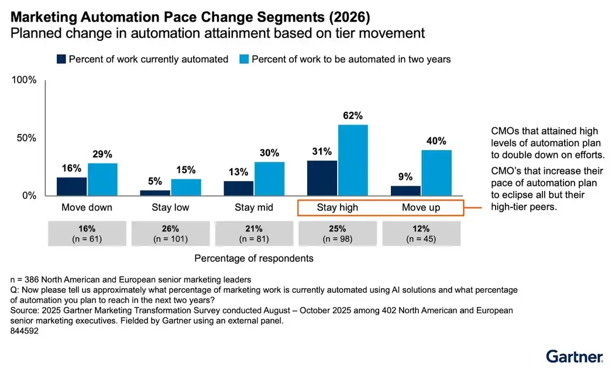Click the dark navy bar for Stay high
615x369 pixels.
[322, 178]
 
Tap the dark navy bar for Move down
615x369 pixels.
[71, 186]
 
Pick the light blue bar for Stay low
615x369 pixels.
[186, 187]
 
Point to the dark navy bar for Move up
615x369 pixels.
[405, 190]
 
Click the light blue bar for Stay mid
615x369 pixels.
[269, 179]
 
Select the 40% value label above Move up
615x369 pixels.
[436, 141]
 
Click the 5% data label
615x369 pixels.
[154, 181]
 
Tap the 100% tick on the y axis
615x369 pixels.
[24, 80]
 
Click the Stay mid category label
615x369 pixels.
[253, 208]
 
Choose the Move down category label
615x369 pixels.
[87, 208]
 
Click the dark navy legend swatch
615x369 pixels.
[61, 59]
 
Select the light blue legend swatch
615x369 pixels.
[244, 59]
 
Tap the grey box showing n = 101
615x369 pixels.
[170, 234]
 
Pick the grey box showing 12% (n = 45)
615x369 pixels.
[421, 234]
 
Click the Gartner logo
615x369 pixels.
[574, 356]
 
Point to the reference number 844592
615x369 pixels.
[25, 331]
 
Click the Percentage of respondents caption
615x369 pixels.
[253, 258]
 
